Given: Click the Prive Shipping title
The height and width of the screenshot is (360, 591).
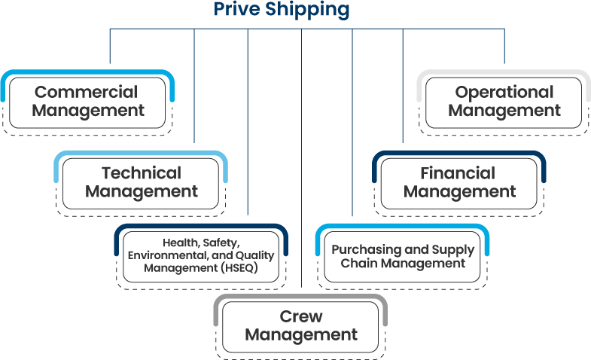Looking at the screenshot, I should click(x=282, y=10).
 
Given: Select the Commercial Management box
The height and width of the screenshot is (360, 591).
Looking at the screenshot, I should click(x=89, y=102).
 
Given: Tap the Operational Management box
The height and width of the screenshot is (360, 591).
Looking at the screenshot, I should click(x=504, y=102).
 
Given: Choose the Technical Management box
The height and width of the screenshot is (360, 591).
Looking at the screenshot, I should click(x=142, y=182).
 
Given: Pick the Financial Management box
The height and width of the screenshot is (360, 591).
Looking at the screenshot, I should click(x=458, y=182).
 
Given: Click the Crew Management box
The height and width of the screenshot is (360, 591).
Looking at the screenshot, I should click(x=300, y=325).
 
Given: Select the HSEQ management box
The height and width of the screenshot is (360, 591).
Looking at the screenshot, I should click(x=201, y=256).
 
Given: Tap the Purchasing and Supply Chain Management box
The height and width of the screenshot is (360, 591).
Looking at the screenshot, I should click(x=403, y=257).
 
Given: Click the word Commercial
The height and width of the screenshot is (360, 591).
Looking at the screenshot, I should click(x=86, y=93).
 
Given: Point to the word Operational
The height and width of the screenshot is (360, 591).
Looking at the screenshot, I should click(x=504, y=93).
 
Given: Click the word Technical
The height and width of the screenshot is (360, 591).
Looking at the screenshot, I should click(x=142, y=173).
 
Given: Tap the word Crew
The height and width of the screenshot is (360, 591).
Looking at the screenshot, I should click(x=300, y=316).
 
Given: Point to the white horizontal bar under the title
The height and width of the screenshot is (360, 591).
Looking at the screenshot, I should click(x=276, y=24).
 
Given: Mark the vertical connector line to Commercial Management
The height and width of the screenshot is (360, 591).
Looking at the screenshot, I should click(x=110, y=45).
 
